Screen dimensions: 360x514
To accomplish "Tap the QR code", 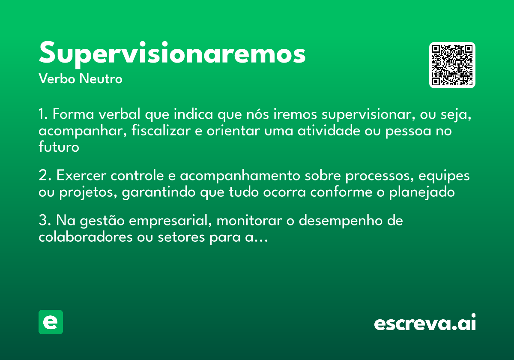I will click(452, 65).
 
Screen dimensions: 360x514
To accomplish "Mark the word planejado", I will click(422, 193).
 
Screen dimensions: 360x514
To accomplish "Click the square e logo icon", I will click(51, 322).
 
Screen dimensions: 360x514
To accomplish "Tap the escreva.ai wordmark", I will click(425, 324).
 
